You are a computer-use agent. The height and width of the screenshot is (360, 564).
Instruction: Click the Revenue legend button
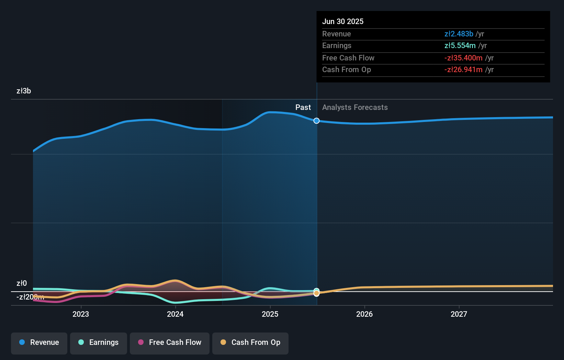pos(39,343)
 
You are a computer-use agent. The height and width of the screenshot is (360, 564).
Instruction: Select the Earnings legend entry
pos(99,343)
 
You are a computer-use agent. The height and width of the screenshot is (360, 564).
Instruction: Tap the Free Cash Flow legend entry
pos(170,343)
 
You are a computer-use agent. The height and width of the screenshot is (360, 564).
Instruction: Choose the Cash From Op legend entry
pos(250,343)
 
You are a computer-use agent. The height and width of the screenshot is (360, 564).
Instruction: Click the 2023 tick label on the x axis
pos(81,314)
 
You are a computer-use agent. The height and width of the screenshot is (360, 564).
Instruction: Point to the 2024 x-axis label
pos(175,314)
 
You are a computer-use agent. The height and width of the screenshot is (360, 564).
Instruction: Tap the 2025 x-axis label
pos(270,314)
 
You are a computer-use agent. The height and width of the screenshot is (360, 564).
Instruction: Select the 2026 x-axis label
pos(364,314)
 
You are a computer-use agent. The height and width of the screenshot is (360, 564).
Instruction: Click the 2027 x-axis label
pos(459,314)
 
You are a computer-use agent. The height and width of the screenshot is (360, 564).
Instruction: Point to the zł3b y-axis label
pos(24,91)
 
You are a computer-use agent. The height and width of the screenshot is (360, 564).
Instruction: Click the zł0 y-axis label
pos(22,283)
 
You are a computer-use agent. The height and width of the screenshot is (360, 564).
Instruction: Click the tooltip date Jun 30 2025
pos(342,22)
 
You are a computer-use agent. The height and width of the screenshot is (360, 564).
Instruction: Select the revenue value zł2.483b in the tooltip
pos(459,34)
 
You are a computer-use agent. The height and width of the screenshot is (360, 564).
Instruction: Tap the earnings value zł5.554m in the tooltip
pos(460,46)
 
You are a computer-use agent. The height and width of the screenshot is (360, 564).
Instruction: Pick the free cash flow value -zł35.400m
pos(463,58)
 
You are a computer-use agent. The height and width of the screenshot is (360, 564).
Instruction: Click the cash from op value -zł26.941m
pos(463,70)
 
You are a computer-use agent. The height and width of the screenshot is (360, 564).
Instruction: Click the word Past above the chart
pos(303,108)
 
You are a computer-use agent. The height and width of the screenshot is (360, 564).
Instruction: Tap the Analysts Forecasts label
pos(355,108)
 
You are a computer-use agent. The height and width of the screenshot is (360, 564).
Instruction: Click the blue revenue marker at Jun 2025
pos(316,121)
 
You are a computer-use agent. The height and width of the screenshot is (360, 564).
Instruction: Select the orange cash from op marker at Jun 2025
pos(316,293)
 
